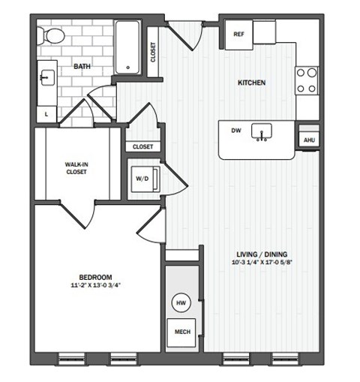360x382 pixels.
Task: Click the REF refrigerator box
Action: pos(239,35)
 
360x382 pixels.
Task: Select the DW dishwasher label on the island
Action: pos(235,131)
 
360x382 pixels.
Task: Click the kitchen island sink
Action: pos(262,132)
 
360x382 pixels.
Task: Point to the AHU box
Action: pos(308,140)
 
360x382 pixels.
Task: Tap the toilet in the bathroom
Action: pos(53,35)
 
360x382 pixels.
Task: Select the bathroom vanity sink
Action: pos(45,77)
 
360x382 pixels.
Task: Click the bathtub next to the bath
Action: pos(129,47)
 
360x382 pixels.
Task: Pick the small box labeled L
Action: pos(47,113)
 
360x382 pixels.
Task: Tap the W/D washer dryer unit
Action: pos(143,179)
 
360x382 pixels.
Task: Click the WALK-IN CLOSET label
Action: pos(76,167)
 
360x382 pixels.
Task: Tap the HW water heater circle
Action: pos(181,302)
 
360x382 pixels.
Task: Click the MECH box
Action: pos(181,331)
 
